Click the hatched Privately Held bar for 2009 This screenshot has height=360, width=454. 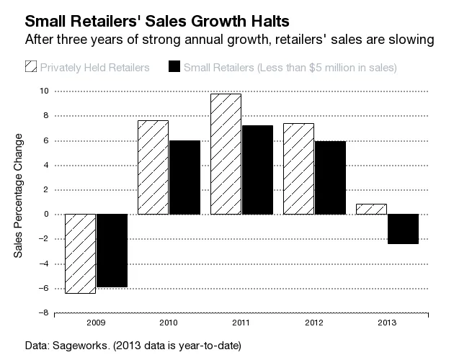tap(80, 253)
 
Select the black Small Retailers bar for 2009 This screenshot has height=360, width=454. tap(112, 251)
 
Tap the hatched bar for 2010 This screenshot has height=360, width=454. tap(153, 167)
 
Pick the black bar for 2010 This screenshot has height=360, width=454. tap(184, 177)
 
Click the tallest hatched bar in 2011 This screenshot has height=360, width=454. tap(226, 154)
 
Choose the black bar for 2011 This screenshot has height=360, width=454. tap(257, 170)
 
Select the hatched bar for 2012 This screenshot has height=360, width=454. tap(298, 168)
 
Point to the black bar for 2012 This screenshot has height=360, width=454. tap(330, 178)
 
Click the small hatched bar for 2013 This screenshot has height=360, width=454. tap(371, 209)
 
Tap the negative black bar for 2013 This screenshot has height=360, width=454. tap(403, 229)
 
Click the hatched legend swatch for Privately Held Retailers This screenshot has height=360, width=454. tap(30, 68)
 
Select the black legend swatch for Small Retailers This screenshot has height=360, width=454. tap(173, 68)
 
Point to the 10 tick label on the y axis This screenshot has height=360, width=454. tap(44, 91)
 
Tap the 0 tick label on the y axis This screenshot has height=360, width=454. tap(45, 215)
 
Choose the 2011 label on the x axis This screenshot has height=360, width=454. tap(241, 323)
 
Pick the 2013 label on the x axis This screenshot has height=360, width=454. tap(387, 323)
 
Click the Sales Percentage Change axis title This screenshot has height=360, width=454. tap(19, 195)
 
